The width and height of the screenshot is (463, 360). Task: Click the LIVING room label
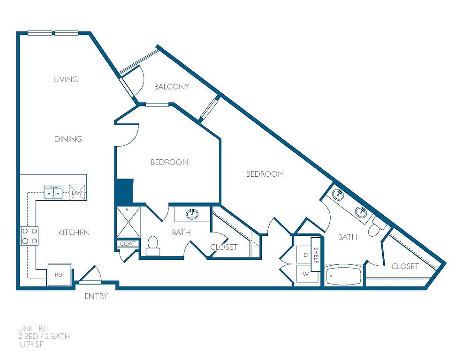[x=66, y=79]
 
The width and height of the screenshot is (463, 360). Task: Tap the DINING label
[x=68, y=139]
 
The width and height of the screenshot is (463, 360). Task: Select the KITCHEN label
[x=74, y=232]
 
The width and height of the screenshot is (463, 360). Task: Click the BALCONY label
[x=172, y=86]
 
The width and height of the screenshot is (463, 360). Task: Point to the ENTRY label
[x=96, y=296]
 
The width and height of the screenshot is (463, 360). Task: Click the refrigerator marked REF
[x=60, y=274]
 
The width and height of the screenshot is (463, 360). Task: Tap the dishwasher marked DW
[x=77, y=193]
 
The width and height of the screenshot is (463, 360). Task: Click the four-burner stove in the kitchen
[x=29, y=236]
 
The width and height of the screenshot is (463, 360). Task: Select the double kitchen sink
[x=53, y=193]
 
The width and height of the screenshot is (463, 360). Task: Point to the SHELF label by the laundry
[x=316, y=255]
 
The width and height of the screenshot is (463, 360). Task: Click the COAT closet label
[x=128, y=244]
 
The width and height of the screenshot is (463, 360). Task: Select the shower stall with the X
[x=129, y=222]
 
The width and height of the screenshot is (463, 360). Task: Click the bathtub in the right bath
[x=344, y=276]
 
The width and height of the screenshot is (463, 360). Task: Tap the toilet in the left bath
[x=152, y=246]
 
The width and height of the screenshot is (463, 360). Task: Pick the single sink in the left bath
[x=192, y=214]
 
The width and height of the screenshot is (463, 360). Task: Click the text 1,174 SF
[x=30, y=344]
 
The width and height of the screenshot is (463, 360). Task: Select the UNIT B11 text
[x=33, y=329]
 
